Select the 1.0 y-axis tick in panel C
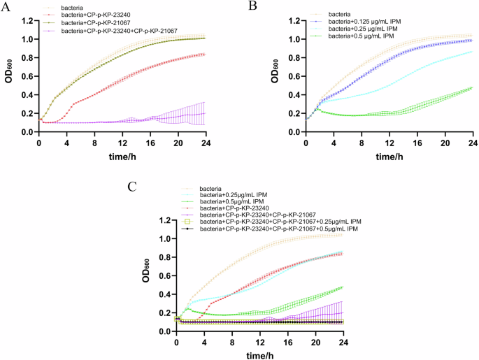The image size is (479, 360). [165, 239]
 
